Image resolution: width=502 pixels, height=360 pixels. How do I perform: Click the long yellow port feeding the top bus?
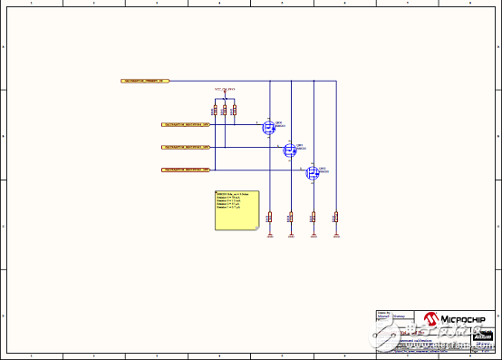click(x=145, y=81)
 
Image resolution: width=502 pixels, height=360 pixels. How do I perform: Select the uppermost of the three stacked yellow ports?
click(x=185, y=123)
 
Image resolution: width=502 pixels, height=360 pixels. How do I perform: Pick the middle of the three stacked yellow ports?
click(x=185, y=146)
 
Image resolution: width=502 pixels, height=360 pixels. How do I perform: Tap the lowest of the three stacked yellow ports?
click(x=185, y=170)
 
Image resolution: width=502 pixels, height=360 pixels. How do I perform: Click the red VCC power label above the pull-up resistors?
click(x=225, y=90)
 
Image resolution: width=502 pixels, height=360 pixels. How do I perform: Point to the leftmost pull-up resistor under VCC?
click(x=215, y=111)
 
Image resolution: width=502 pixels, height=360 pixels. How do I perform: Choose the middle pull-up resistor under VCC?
click(x=224, y=111)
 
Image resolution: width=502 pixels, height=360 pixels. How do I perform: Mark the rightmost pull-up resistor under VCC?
click(x=234, y=111)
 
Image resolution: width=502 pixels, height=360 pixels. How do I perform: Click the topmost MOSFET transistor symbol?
click(x=269, y=127)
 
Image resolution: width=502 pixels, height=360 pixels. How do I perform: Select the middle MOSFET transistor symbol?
click(x=290, y=149)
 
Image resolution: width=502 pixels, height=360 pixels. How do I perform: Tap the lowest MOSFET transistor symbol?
click(x=312, y=172)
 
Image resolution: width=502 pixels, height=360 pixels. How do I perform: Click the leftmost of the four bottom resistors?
click(x=269, y=217)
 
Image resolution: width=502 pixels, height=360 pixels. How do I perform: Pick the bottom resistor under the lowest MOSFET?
click(x=314, y=217)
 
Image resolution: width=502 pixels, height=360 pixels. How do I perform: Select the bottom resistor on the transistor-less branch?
click(x=335, y=217)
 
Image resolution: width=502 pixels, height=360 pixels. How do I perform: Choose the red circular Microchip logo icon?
click(x=432, y=319)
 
